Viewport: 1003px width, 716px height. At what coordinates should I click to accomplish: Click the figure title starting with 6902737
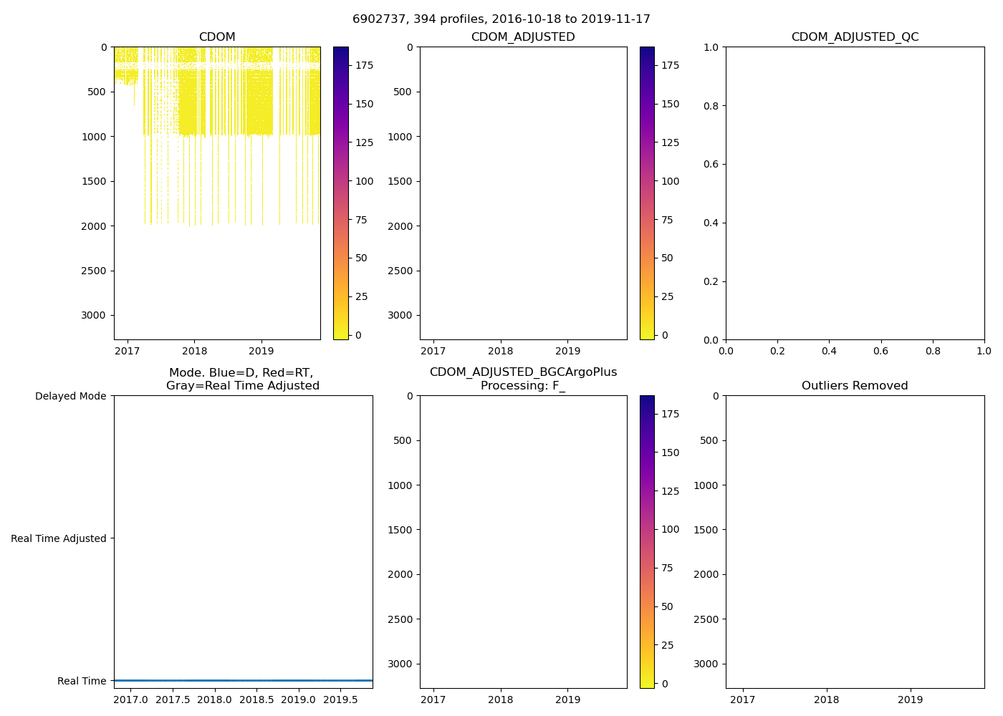[x=501, y=19]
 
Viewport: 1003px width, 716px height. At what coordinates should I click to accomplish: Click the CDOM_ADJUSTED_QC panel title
[x=855, y=37]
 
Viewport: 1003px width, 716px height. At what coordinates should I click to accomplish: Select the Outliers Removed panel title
[x=855, y=386]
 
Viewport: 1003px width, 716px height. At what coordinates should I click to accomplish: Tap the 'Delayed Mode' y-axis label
[x=70, y=396]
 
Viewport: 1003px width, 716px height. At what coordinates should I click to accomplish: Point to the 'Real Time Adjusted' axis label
[x=59, y=538]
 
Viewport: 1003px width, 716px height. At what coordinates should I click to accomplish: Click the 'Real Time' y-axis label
[x=82, y=681]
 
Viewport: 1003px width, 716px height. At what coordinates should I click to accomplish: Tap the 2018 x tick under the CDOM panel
[x=195, y=351]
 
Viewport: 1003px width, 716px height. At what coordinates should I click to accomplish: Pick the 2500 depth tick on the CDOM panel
[x=94, y=271]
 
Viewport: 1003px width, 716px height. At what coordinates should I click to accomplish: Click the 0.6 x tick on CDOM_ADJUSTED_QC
[x=880, y=351]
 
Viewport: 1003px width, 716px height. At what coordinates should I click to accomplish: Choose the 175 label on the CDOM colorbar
[x=365, y=65]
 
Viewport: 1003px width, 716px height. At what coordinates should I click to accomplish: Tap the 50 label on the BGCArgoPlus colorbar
[x=667, y=606]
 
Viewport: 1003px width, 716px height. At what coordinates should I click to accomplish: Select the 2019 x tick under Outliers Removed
[x=911, y=700]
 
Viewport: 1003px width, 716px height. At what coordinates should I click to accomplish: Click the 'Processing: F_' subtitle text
[x=523, y=386]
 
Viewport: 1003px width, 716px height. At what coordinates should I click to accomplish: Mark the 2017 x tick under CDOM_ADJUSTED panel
[x=433, y=351]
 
